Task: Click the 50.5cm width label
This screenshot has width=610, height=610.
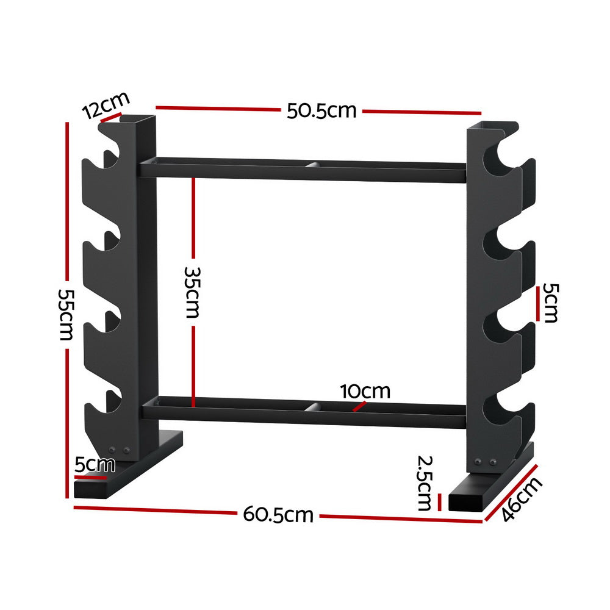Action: (x=321, y=111)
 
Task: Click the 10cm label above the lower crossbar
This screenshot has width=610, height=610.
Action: (x=365, y=391)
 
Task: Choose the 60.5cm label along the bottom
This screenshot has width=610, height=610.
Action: (x=278, y=515)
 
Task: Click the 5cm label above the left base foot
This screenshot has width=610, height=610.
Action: (x=95, y=465)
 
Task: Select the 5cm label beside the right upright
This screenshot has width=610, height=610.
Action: (x=550, y=303)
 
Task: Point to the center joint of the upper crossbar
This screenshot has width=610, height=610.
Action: (x=312, y=165)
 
